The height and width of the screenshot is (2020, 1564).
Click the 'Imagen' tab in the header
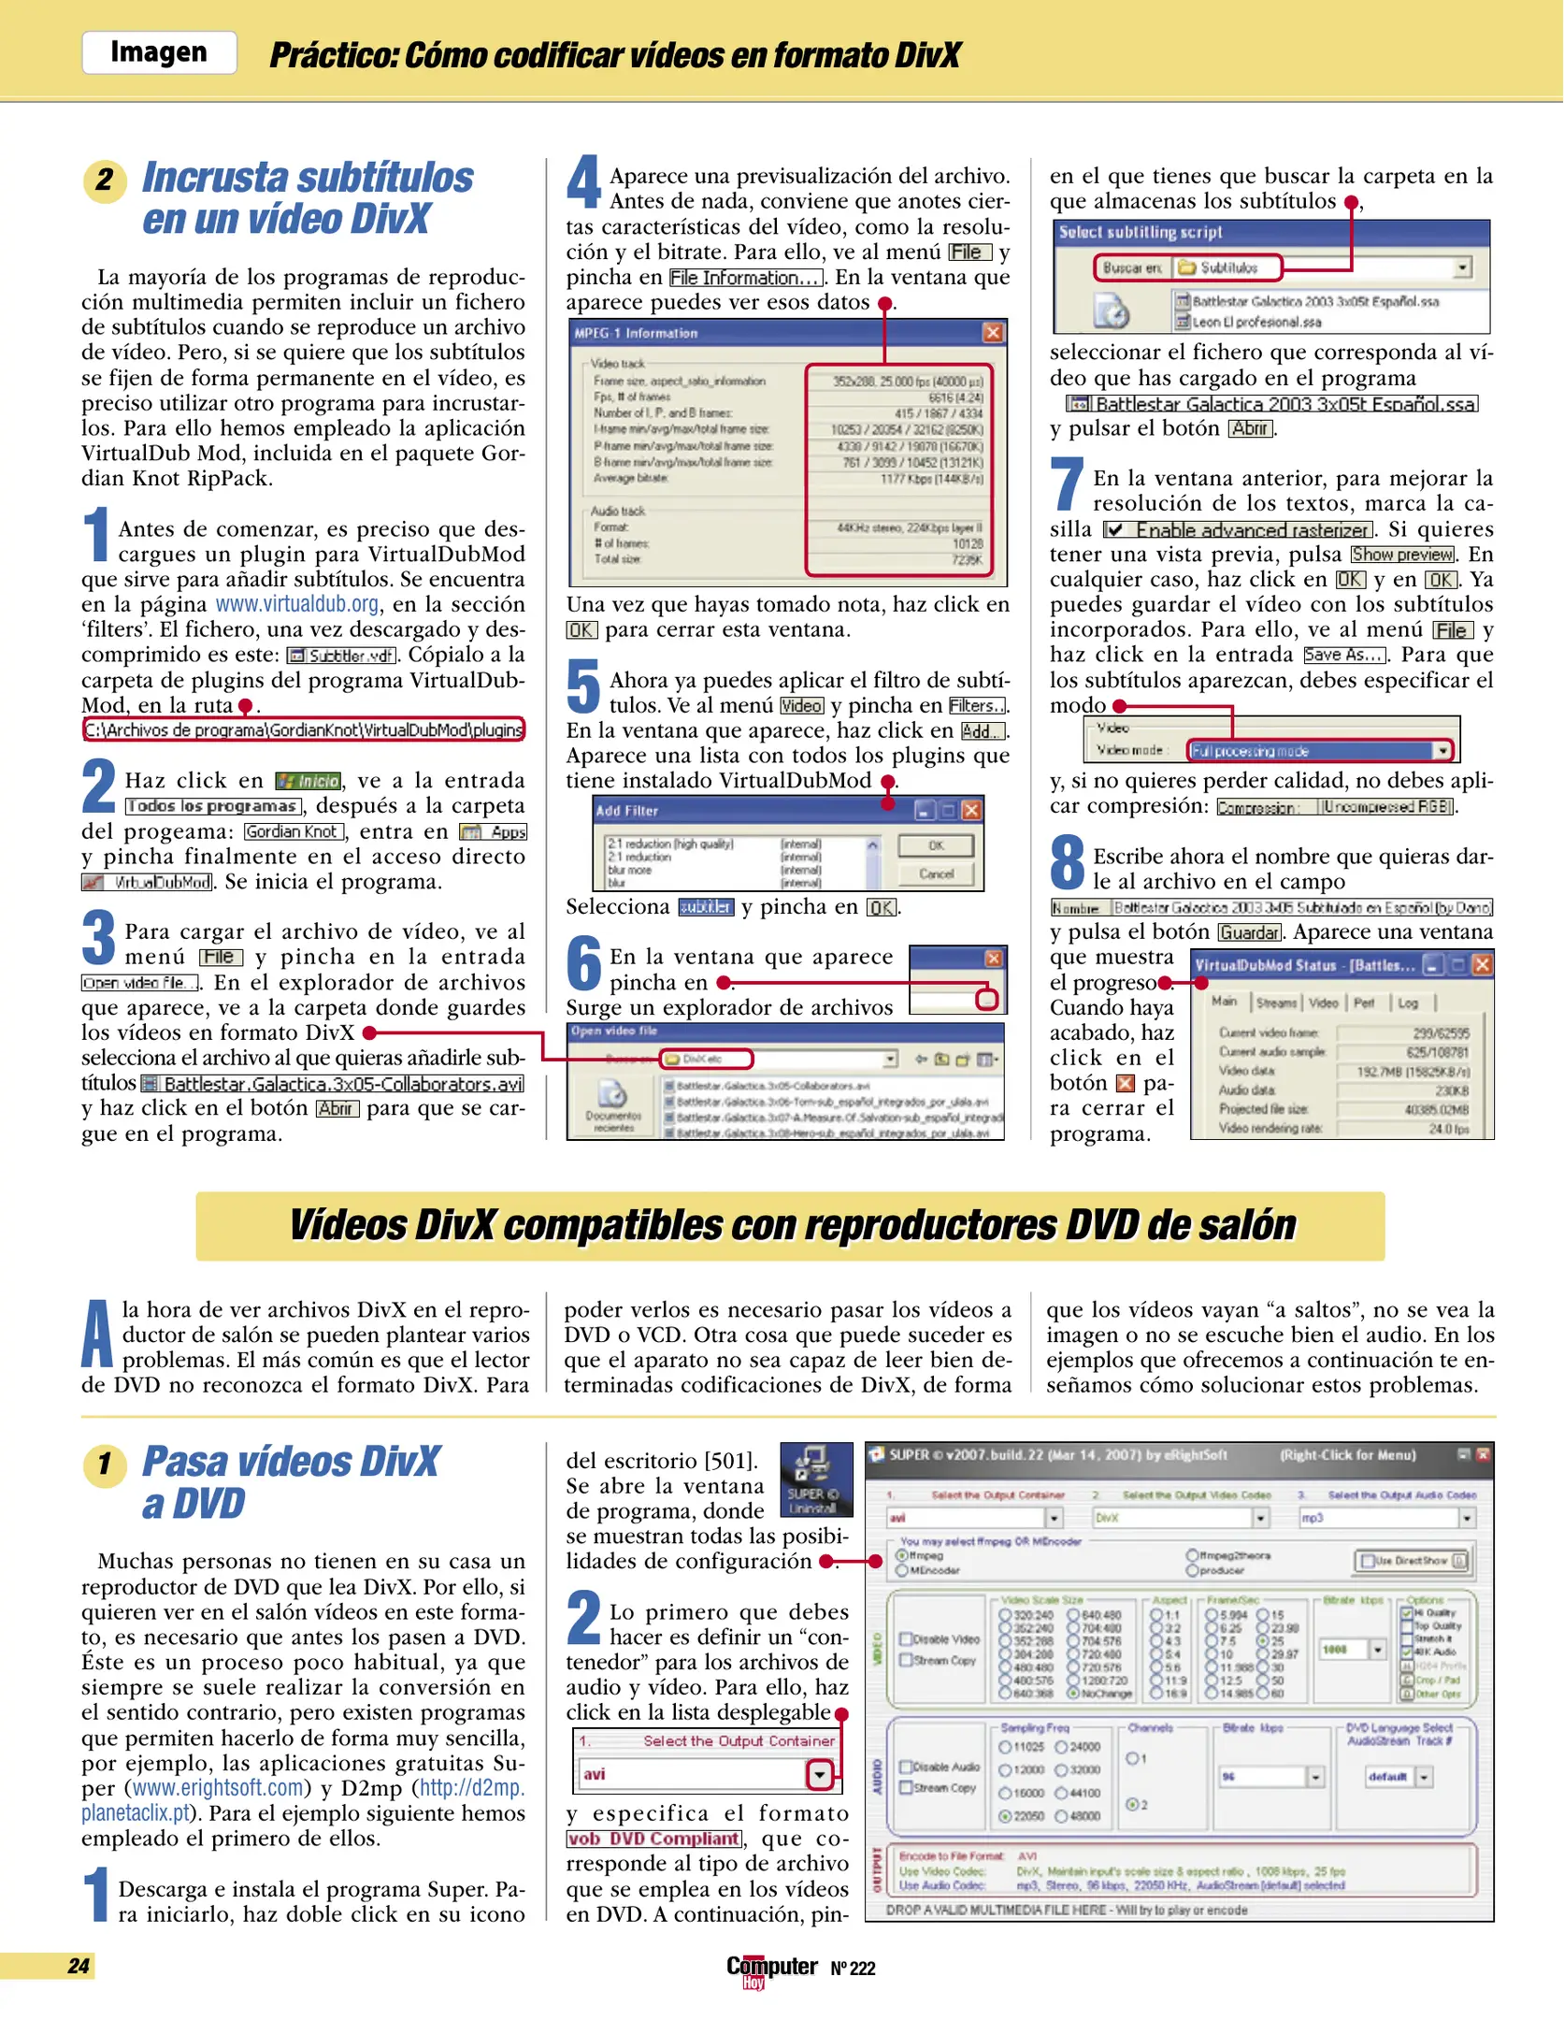click(159, 52)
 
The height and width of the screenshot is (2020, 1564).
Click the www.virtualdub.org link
click(297, 604)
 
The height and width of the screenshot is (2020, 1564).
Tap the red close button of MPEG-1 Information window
click(993, 333)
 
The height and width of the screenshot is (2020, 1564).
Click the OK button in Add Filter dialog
click(936, 845)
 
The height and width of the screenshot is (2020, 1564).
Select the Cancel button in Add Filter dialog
click(936, 873)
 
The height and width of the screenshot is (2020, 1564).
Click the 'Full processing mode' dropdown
click(1321, 751)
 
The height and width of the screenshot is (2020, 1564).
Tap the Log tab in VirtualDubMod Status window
click(1408, 1003)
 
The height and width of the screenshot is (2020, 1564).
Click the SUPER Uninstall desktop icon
click(816, 1480)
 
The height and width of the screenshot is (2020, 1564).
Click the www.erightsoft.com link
click(219, 1788)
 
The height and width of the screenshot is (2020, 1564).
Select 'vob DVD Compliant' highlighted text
click(654, 1839)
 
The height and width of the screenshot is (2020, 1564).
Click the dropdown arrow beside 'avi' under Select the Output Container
click(820, 1774)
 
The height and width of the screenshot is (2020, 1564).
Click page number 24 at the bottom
click(79, 1965)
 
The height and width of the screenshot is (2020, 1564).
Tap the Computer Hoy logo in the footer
click(772, 1969)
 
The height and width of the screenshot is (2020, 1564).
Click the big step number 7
click(1068, 485)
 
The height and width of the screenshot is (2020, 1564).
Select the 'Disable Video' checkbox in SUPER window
click(906, 1638)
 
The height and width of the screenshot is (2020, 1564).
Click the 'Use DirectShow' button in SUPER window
click(1413, 1560)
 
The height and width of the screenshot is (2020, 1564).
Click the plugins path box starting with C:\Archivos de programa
click(304, 730)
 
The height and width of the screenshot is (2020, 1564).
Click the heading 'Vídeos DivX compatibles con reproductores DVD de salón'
click(791, 1226)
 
